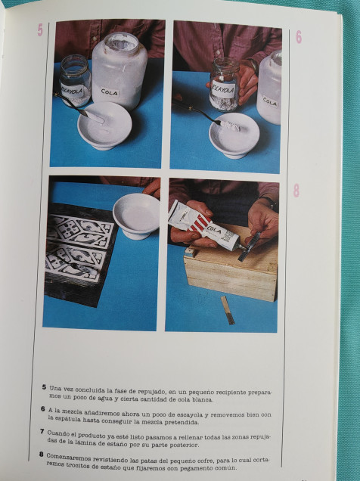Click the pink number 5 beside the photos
[x=40, y=30]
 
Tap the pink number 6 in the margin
[x=299, y=37]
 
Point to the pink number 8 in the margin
[x=296, y=190]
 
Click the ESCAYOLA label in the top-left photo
[x=73, y=90]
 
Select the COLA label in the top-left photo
[x=110, y=92]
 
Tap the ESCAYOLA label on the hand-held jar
[x=224, y=89]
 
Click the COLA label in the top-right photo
[x=270, y=101]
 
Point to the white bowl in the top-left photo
[x=104, y=125]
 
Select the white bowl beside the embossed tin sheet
[x=136, y=216]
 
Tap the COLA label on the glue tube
[x=214, y=230]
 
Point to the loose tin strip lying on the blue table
[x=228, y=310]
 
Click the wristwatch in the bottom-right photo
[x=271, y=202]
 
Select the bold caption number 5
[x=44, y=387]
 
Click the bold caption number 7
[x=42, y=432]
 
